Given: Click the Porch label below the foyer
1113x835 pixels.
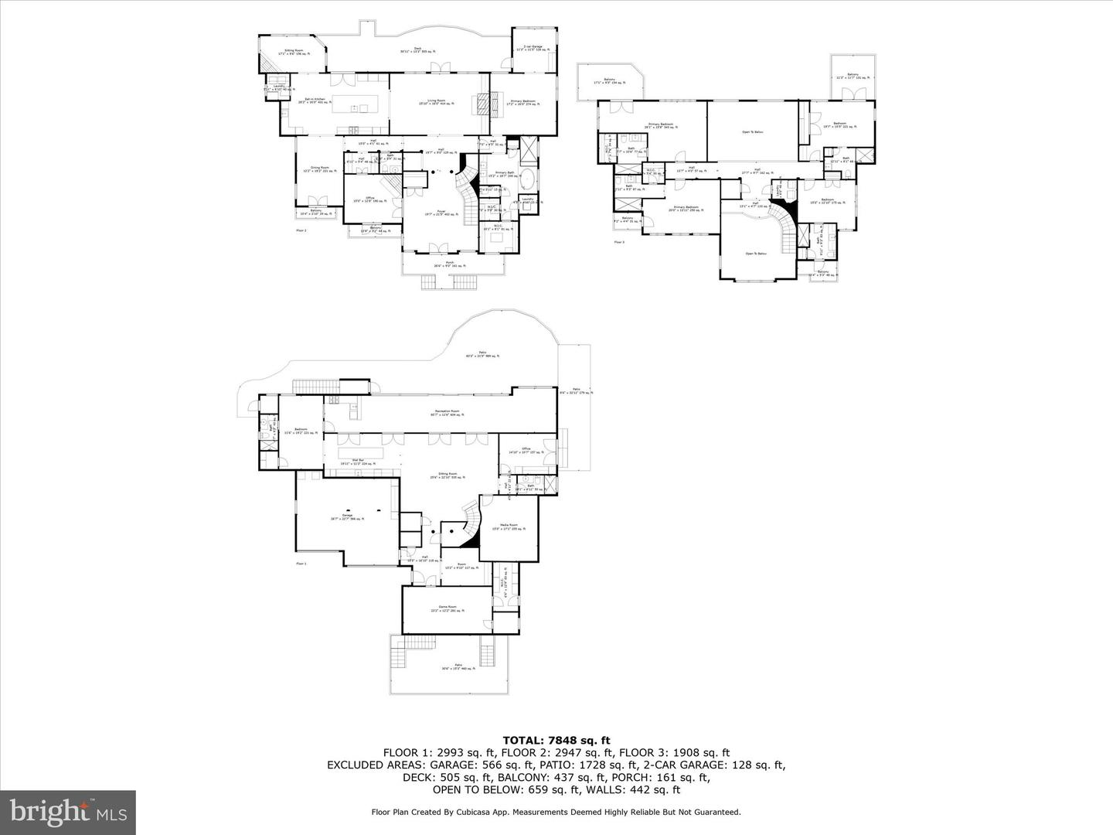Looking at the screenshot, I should pyautogui.click(x=448, y=264).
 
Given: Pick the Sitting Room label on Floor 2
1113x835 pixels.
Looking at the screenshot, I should pyautogui.click(x=294, y=52).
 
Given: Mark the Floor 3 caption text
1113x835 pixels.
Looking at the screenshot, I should pyautogui.click(x=619, y=242).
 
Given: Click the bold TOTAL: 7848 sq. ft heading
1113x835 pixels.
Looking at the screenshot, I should pyautogui.click(x=556, y=739).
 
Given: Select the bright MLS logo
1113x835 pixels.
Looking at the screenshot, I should pyautogui.click(x=68, y=812).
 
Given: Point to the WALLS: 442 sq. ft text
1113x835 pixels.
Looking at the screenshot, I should pyautogui.click(x=638, y=789).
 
